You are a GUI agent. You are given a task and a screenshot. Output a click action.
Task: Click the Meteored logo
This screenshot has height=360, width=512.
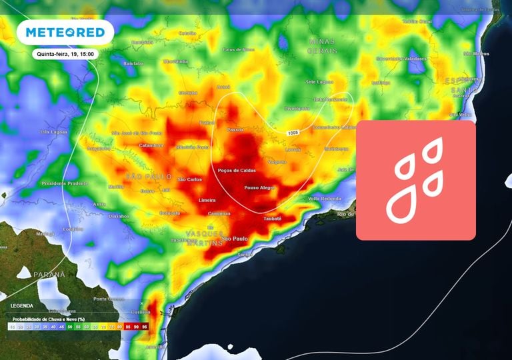[65, 33]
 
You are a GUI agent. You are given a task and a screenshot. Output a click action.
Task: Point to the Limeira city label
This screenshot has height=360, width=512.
[208, 200]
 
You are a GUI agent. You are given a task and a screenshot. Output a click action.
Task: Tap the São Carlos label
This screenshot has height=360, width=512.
[190, 179]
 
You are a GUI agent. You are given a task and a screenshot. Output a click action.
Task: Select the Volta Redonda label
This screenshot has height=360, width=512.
[325, 199]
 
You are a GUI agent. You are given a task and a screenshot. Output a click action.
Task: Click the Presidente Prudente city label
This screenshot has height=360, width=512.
[64, 183]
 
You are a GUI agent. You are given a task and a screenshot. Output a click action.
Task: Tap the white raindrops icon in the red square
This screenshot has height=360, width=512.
[415, 180]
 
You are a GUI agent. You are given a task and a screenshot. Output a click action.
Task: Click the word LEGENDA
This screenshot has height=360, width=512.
[22, 305]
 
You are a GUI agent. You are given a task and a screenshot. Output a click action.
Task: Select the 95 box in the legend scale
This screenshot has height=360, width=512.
[145, 327]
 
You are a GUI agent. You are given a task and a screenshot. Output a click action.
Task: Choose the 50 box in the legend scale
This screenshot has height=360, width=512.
[69, 327]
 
